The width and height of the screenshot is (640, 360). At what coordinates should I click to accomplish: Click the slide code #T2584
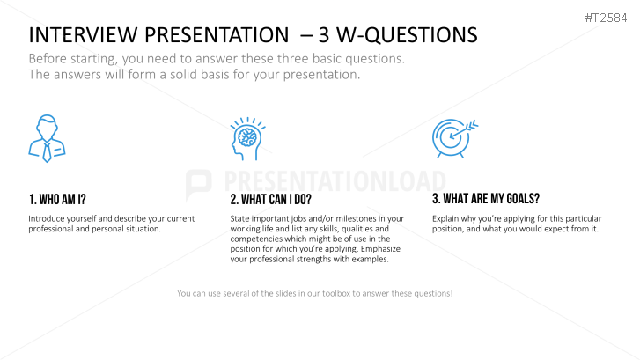pyautogui.click(x=606, y=18)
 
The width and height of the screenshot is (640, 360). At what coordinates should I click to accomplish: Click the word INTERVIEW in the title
pyautogui.click(x=83, y=34)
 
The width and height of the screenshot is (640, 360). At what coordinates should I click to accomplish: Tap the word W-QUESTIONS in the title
pyautogui.click(x=407, y=35)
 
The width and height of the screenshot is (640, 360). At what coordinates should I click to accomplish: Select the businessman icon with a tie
pyautogui.click(x=47, y=138)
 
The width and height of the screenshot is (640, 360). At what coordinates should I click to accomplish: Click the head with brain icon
pyautogui.click(x=247, y=138)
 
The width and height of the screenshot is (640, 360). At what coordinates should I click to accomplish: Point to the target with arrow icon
pyautogui.click(x=455, y=138)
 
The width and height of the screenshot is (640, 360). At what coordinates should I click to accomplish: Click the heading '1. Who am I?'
pyautogui.click(x=57, y=200)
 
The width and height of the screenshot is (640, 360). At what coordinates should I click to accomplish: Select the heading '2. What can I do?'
pyautogui.click(x=270, y=200)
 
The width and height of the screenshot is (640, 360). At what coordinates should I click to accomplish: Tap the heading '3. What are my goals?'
pyautogui.click(x=486, y=199)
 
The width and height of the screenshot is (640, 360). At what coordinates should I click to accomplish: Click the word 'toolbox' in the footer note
pyautogui.click(x=336, y=293)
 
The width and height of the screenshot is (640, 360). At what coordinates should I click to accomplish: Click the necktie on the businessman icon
pyautogui.click(x=48, y=152)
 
